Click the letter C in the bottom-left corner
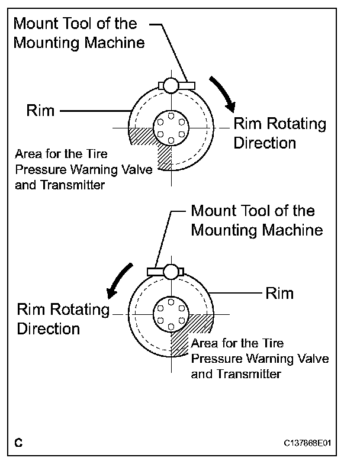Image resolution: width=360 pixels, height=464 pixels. coord(20,442)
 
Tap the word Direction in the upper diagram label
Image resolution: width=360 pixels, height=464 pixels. coord(264,143)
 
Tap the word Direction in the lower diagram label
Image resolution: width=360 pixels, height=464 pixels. coord(48,328)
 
